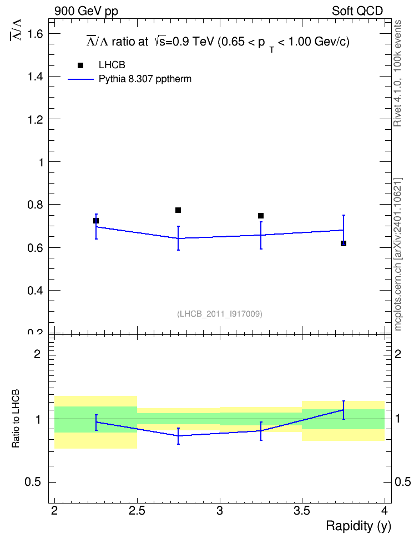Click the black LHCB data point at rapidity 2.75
(178, 210)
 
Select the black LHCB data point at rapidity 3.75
(343, 243)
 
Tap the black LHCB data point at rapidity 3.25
(260, 216)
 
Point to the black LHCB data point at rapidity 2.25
(95, 221)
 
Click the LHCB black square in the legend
(80, 65)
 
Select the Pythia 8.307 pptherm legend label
(145, 79)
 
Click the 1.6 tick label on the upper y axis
(36, 34)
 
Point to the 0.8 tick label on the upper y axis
(36, 205)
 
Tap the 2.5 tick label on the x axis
(137, 511)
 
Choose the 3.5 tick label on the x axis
(302, 511)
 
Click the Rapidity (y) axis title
(359, 526)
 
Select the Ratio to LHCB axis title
(16, 419)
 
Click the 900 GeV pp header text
(86, 11)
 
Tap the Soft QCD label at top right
(357, 11)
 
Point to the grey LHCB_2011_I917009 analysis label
(220, 314)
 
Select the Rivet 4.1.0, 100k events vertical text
(397, 73)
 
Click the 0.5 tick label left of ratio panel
(33, 482)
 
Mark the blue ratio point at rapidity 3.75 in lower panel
(343, 410)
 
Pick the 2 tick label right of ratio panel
(398, 354)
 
